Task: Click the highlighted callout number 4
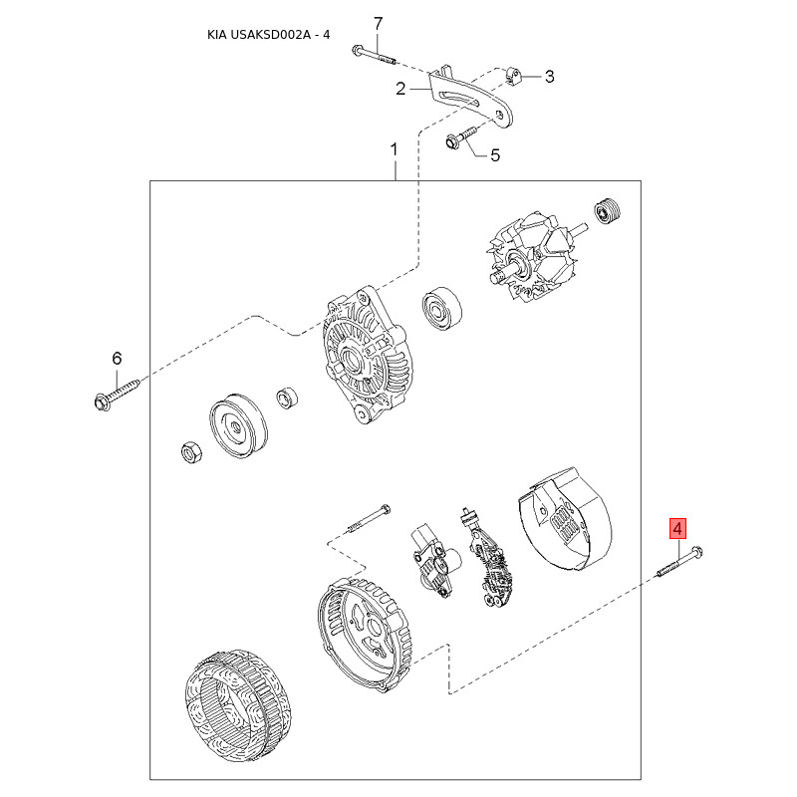pyautogui.click(x=677, y=529)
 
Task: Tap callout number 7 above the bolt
pyautogui.click(x=378, y=24)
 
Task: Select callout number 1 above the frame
pyautogui.click(x=394, y=149)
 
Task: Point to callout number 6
pyautogui.click(x=117, y=359)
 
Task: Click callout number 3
pyautogui.click(x=550, y=77)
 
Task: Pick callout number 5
pyautogui.click(x=495, y=155)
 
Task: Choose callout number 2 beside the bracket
pyautogui.click(x=401, y=89)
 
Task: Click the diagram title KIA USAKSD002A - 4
pyautogui.click(x=268, y=35)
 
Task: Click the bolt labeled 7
pyautogui.click(x=374, y=55)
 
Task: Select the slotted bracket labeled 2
pyautogui.click(x=470, y=98)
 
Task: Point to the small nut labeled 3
pyautogui.click(x=513, y=77)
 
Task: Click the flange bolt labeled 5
pyautogui.click(x=461, y=138)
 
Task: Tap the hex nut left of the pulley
pyautogui.click(x=191, y=452)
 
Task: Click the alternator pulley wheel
pyautogui.click(x=237, y=426)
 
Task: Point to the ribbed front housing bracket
pyautogui.click(x=368, y=355)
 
